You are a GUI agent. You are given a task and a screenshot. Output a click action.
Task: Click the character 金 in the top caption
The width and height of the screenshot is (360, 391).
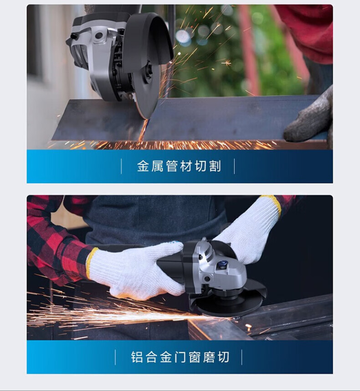tap(143, 166)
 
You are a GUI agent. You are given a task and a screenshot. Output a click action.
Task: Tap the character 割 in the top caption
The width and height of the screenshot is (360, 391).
tap(215, 166)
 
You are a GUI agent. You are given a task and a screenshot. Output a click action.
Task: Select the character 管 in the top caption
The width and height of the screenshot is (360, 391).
tap(172, 166)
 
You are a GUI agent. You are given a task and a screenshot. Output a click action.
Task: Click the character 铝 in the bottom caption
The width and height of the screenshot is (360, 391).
tap(137, 357)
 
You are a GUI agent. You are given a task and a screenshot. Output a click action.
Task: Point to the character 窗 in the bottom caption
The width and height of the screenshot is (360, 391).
tap(195, 357)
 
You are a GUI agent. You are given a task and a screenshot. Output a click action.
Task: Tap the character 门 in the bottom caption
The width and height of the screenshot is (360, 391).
tap(180, 357)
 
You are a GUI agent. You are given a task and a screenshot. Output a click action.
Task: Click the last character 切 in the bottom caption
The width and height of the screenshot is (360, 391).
tap(223, 357)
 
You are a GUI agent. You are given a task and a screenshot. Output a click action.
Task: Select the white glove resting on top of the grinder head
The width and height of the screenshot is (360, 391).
tap(249, 232)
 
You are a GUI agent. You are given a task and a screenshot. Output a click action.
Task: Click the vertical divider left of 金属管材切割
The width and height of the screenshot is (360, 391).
tap(121, 166)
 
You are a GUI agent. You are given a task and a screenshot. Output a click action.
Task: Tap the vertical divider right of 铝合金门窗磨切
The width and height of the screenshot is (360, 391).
tap(242, 357)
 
